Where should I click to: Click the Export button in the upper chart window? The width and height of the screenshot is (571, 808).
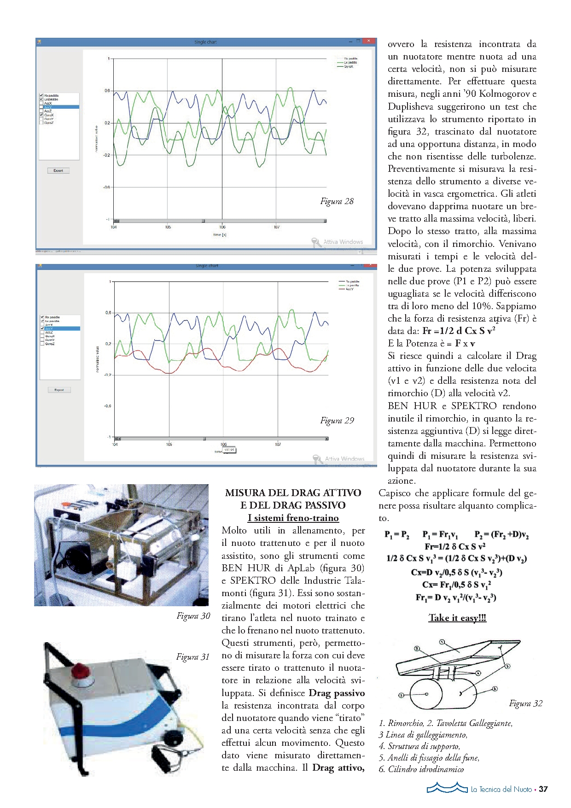58,170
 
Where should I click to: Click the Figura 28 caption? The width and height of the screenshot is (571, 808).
337,201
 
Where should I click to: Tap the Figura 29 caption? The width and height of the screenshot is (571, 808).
337,421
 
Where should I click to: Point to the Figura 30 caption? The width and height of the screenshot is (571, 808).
193,616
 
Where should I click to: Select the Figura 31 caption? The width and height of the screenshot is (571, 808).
192,657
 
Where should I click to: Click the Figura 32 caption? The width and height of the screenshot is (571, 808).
525,703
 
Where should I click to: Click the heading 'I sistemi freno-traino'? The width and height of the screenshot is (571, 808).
293,518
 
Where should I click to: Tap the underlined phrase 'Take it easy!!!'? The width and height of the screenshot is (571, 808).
457,618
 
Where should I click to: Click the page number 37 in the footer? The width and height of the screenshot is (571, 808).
543,789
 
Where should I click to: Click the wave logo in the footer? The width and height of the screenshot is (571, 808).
447,788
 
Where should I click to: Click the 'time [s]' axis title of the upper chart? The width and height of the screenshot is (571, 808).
220,235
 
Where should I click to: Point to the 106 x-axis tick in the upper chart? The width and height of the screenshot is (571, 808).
222,227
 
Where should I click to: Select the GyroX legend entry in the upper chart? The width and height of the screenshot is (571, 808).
349,67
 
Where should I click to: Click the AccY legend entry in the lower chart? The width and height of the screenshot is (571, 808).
350,289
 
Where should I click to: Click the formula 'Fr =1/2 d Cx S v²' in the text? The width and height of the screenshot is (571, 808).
459,331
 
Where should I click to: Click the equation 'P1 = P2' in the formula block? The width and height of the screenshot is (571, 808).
397,535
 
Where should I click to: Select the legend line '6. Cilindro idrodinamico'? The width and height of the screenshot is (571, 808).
421,769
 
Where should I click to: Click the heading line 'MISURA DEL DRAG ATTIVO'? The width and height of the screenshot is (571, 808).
293,493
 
